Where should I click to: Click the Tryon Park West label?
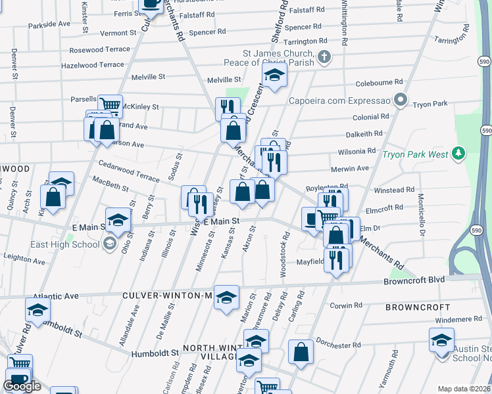(415, 155)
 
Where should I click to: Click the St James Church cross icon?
(324, 57)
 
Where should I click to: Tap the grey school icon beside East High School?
(109, 244)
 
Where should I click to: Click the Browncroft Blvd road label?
(414, 280)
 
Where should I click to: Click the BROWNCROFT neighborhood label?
(418, 307)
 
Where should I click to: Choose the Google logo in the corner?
(22, 387)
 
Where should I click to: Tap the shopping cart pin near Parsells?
(110, 105)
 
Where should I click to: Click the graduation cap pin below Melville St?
(274, 76)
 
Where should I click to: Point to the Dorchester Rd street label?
(339, 345)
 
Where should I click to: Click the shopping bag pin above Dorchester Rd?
(301, 352)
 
